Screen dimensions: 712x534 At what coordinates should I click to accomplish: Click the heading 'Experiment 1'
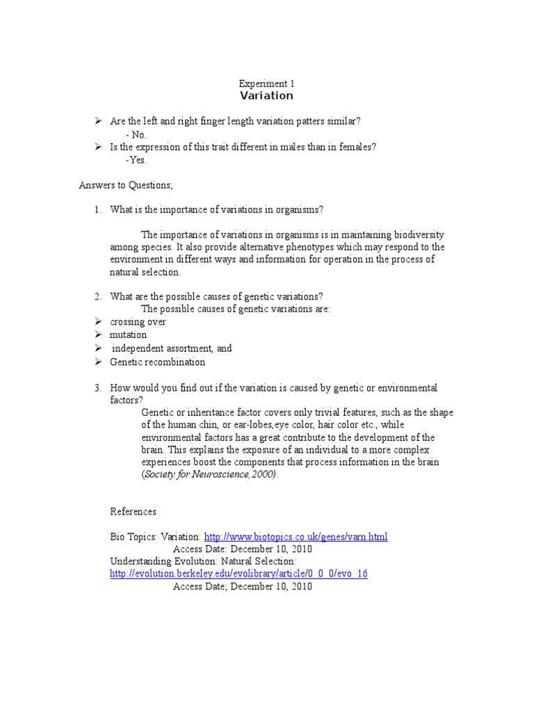click(266, 83)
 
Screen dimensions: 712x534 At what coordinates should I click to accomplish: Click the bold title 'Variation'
click(266, 96)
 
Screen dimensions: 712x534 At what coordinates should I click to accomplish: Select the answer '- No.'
click(136, 134)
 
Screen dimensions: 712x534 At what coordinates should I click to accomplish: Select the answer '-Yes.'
click(136, 160)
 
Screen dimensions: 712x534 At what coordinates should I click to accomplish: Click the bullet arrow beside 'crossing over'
click(99, 322)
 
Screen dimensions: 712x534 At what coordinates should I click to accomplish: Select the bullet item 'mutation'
click(129, 335)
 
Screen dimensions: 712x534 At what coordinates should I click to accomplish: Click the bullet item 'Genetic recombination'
click(158, 362)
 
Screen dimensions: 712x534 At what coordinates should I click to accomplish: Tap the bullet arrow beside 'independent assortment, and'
click(99, 348)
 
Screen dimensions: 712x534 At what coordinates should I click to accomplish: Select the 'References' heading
click(133, 511)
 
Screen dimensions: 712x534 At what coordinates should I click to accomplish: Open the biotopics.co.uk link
click(296, 537)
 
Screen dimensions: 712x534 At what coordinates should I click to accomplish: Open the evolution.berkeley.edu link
click(238, 574)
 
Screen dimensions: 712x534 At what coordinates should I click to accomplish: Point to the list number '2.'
click(99, 297)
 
